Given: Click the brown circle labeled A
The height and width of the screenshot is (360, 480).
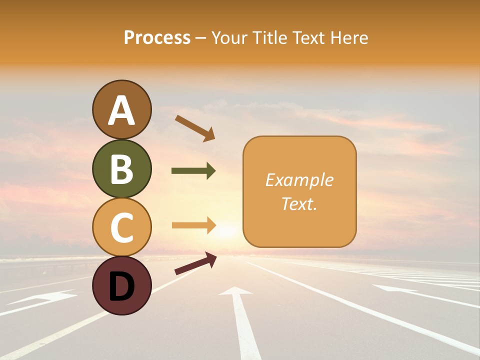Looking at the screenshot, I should (121, 110).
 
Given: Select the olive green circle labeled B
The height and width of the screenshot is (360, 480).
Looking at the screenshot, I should (121, 168).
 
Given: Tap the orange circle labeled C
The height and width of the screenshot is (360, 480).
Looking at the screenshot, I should (121, 227).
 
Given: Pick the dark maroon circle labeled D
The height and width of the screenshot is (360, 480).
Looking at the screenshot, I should (121, 285).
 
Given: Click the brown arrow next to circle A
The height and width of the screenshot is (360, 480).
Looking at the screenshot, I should (195, 127).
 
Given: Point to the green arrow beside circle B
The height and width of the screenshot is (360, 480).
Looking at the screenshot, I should (193, 171).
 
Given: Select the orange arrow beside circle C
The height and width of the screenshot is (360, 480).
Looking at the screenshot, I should (193, 225).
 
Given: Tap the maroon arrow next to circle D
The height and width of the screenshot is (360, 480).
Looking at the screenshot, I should (195, 263).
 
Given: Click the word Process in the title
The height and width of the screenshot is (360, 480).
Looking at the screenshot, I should (157, 38).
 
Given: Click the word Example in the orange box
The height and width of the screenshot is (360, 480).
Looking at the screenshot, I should (299, 180).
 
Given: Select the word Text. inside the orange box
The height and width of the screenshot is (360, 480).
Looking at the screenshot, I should (299, 204).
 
